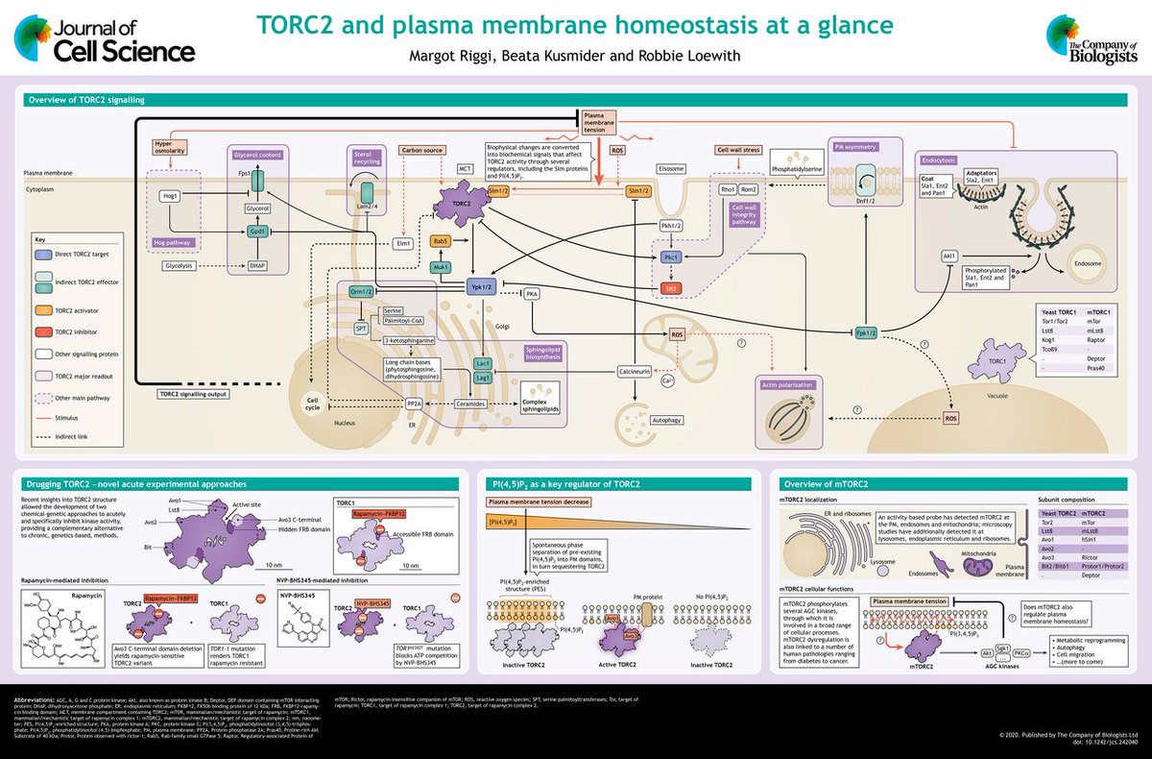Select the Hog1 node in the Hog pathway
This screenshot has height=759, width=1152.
pos(172,196)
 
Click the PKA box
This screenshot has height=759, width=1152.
pos(532,293)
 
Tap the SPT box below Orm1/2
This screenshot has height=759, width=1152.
pos(361,329)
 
